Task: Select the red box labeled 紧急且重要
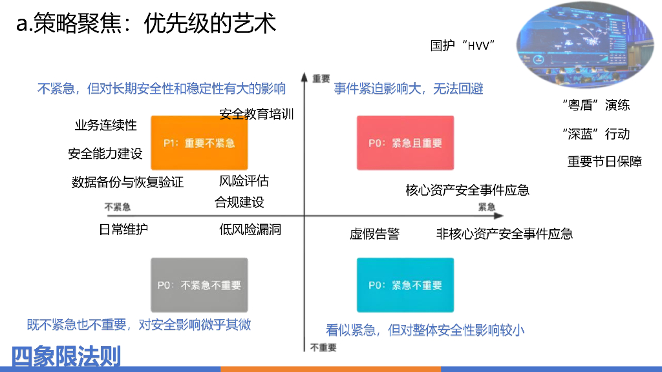pyautogui.click(x=405, y=143)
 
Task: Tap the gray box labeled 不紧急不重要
pyautogui.click(x=199, y=285)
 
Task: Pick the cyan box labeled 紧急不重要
pyautogui.click(x=405, y=285)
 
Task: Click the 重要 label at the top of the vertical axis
pyautogui.click(x=321, y=77)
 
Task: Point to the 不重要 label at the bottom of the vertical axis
pyautogui.click(x=323, y=347)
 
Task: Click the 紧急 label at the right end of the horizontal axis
pyautogui.click(x=487, y=207)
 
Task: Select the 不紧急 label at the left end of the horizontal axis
pyautogui.click(x=118, y=207)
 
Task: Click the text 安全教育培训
pyautogui.click(x=257, y=114)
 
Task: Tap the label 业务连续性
pyautogui.click(x=106, y=125)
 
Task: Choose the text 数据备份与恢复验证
pyautogui.click(x=127, y=182)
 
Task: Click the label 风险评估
pyautogui.click(x=244, y=181)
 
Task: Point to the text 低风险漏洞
pyautogui.click(x=250, y=229)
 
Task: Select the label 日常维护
pyautogui.click(x=123, y=229)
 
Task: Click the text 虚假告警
pyautogui.click(x=374, y=234)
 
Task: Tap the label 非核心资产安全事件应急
pyautogui.click(x=504, y=234)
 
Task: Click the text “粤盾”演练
pyautogui.click(x=596, y=105)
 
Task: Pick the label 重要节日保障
pyautogui.click(x=604, y=161)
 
